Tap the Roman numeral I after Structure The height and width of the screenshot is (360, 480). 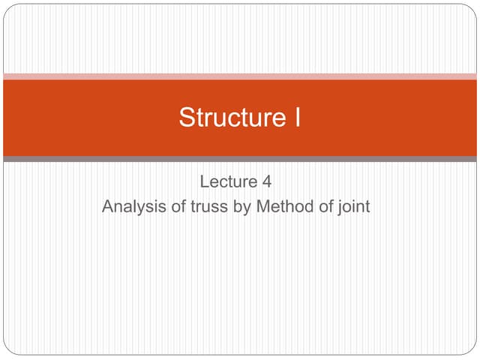296,118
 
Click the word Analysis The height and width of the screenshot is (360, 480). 130,206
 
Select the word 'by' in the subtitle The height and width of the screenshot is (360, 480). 242,206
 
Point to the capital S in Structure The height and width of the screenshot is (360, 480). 187,118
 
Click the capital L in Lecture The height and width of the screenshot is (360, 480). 205,181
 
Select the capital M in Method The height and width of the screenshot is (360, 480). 263,206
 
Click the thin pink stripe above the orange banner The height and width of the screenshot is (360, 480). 240,76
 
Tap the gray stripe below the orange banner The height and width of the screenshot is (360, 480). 240,159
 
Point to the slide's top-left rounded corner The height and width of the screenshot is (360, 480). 7,8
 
